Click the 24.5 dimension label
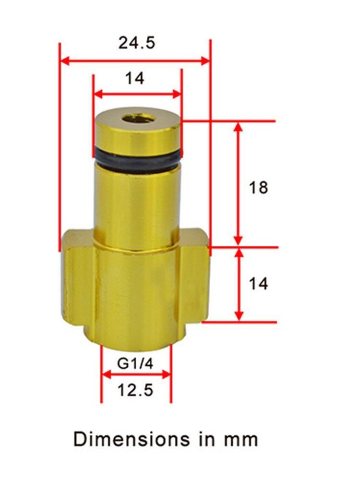pyautogui.click(x=136, y=43)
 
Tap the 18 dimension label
pyautogui.click(x=258, y=187)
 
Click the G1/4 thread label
pyautogui.click(x=135, y=364)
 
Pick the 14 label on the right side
pyautogui.click(x=258, y=284)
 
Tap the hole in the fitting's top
pyautogui.click(x=137, y=117)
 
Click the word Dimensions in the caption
pyautogui.click(x=132, y=439)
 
